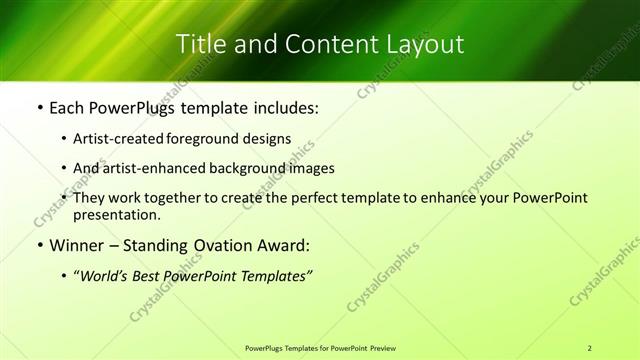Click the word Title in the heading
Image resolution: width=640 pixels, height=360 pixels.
198,44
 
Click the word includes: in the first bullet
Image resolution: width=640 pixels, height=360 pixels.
281,108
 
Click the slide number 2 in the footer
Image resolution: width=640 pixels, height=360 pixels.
591,347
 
